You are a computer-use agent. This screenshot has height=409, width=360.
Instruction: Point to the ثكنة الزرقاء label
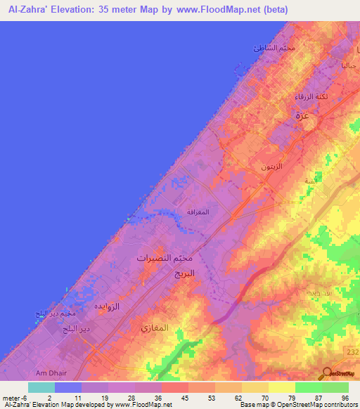(310, 98)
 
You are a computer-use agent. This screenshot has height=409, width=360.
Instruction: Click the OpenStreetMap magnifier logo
(327, 373)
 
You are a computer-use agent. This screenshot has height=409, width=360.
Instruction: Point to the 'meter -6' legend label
(15, 398)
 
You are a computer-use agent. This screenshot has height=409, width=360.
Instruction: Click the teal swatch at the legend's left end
(41, 387)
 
